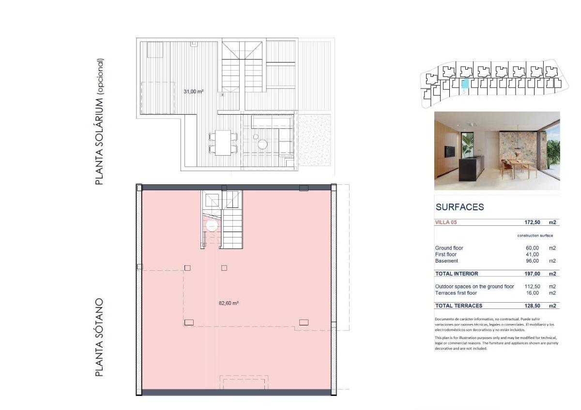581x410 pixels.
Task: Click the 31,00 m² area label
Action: pyautogui.click(x=193, y=91)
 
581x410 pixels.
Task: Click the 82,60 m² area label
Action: pyautogui.click(x=229, y=303)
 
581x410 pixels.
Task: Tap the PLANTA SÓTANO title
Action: pyautogui.click(x=99, y=337)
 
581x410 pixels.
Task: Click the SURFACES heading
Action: pyautogui.click(x=459, y=207)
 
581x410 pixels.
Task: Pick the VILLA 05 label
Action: pyautogui.click(x=446, y=222)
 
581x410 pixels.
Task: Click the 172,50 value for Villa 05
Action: pyautogui.click(x=532, y=222)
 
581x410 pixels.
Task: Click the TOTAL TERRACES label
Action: pyautogui.click(x=459, y=306)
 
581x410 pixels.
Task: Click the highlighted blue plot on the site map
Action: pyautogui.click(x=464, y=84)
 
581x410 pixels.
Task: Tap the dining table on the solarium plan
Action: pyautogui.click(x=223, y=143)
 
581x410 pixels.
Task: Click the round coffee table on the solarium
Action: pyautogui.click(x=263, y=144)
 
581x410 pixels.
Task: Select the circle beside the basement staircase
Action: pyautogui.click(x=212, y=225)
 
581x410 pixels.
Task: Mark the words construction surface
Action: pyautogui.click(x=535, y=235)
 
